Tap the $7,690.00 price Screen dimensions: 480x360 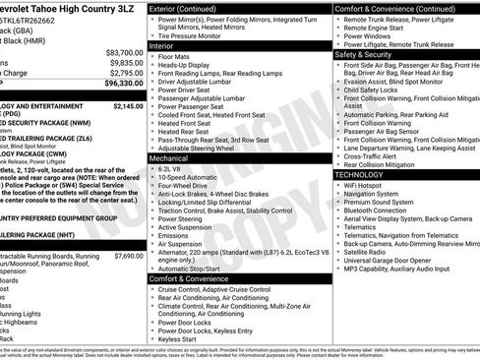click(128, 255)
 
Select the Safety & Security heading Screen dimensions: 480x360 click(364, 55)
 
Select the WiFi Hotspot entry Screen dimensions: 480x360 click(363, 185)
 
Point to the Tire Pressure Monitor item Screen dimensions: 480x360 click(192, 34)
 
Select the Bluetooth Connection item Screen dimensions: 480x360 click(380, 210)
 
